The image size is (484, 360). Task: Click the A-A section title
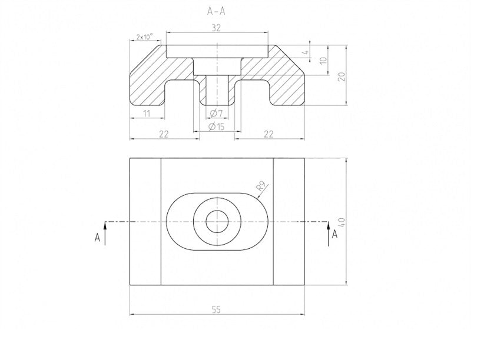tap(217, 11)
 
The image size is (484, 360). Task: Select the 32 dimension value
tap(216, 27)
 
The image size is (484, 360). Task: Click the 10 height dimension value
tap(323, 61)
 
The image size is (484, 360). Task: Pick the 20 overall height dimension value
tap(341, 76)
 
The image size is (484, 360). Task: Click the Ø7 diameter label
tap(216, 112)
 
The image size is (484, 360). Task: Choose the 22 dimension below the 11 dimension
tap(164, 135)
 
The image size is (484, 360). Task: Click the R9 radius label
tap(263, 188)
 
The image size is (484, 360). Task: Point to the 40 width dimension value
tap(342, 222)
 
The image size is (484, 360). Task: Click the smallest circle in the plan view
tap(217, 222)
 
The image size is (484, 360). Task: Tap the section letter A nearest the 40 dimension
tap(335, 235)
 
